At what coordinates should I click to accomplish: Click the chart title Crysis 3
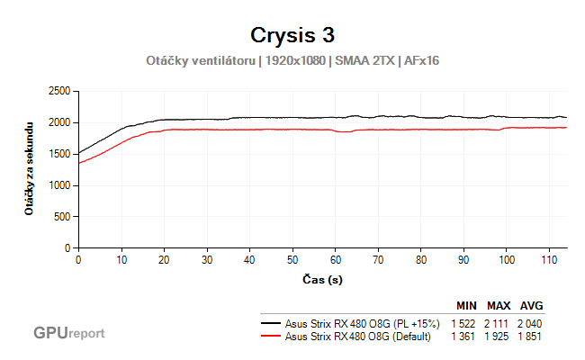tap(292, 35)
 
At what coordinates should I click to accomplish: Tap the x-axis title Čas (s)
tap(321, 280)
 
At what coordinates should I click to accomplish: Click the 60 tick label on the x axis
tap(335, 259)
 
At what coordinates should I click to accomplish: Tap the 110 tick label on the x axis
tap(549, 259)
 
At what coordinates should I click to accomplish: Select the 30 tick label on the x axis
tap(207, 259)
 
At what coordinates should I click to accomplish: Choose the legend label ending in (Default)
tap(357, 337)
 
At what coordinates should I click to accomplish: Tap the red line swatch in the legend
tap(270, 337)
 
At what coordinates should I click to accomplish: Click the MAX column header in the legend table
tap(499, 307)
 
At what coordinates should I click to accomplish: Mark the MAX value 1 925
tap(499, 337)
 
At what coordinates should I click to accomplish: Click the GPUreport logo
tap(69, 333)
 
